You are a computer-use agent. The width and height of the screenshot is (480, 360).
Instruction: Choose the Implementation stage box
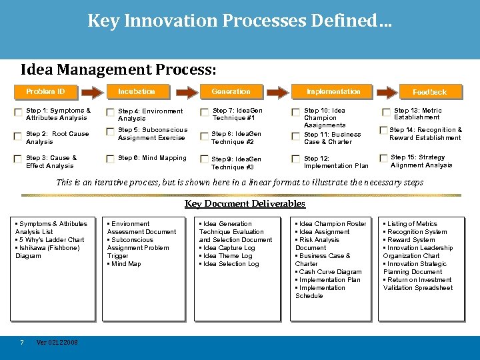tap(333, 91)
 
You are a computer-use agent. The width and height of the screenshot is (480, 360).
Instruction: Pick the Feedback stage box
tap(429, 92)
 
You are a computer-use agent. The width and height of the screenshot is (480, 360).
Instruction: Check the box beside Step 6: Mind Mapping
tap(109, 159)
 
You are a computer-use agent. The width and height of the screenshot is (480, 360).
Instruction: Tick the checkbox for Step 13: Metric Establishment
tap(386, 113)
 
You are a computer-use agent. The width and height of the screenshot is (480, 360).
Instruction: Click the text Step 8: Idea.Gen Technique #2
tap(236, 138)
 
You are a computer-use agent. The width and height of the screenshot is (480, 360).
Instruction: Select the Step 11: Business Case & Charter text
tap(332, 138)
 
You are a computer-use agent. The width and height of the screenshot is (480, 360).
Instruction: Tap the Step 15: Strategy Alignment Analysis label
tap(421, 161)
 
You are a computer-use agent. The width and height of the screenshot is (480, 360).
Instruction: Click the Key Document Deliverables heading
tap(245, 204)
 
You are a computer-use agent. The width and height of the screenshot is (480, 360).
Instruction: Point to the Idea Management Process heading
tap(118, 69)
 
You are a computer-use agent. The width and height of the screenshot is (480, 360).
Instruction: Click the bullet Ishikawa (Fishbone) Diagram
tap(48, 252)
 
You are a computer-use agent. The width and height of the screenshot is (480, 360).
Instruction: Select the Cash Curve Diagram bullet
tap(330, 272)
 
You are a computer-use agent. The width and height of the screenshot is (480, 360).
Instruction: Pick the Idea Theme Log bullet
tap(227, 256)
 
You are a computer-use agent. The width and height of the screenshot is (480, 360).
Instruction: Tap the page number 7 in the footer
tap(22, 343)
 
